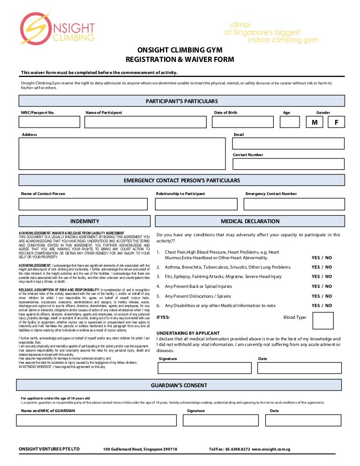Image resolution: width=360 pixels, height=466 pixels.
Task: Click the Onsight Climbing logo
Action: (x=57, y=29)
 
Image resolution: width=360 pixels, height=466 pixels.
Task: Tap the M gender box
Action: (x=315, y=122)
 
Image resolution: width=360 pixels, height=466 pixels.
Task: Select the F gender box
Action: (x=336, y=122)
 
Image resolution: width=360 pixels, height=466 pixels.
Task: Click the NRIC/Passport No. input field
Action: (x=49, y=122)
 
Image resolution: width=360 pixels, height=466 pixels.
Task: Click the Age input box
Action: (x=289, y=122)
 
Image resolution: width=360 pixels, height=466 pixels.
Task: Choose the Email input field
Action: (x=288, y=143)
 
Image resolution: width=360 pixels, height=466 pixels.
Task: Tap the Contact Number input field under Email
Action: (x=288, y=164)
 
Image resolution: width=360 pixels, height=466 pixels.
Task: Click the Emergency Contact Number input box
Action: (x=294, y=204)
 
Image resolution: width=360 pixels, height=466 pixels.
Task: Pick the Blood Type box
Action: (x=323, y=321)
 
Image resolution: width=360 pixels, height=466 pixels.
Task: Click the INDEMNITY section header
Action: (x=84, y=221)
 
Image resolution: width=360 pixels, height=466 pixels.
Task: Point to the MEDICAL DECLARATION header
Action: (x=250, y=221)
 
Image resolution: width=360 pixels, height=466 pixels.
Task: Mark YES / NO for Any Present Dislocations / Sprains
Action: (x=322, y=296)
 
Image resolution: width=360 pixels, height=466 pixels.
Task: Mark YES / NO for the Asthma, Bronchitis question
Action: (x=322, y=267)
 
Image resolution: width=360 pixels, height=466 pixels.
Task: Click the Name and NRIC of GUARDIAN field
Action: (x=96, y=420)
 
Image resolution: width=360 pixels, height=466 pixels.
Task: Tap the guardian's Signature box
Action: (x=220, y=420)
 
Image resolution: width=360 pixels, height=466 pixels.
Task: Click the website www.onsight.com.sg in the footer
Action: (x=271, y=449)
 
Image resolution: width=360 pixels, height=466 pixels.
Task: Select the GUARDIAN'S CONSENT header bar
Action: (x=179, y=385)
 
